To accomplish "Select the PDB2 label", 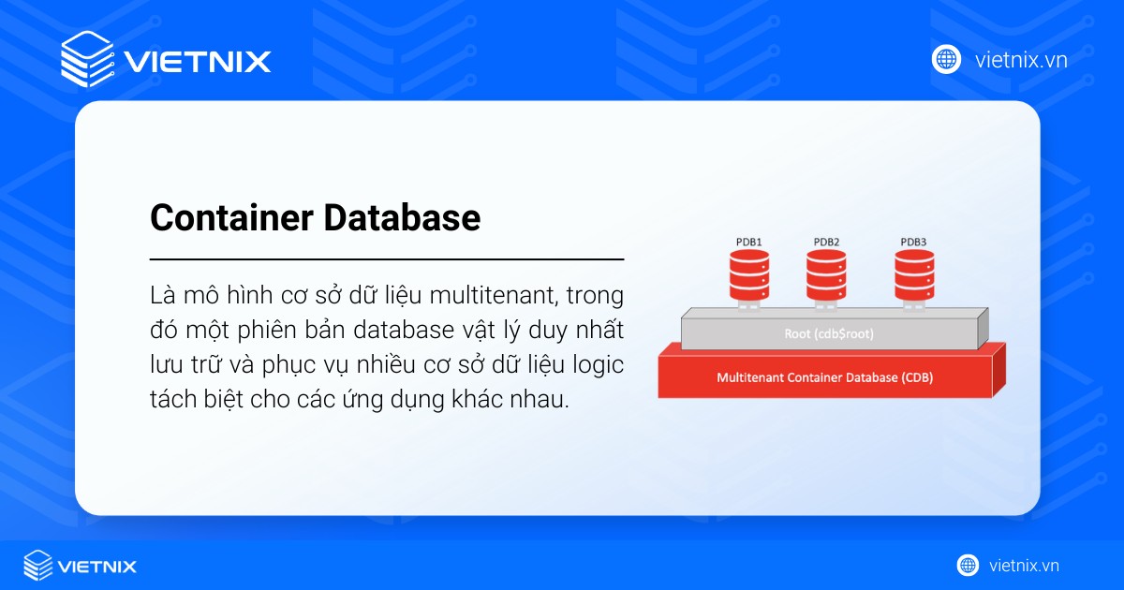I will pos(826,242).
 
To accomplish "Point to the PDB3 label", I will pos(913,242).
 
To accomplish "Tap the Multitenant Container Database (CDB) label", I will pos(824,378).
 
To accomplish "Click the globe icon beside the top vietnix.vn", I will pos(946,59).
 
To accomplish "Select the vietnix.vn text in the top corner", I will pos(1020,60).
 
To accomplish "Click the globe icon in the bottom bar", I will pos(968,566).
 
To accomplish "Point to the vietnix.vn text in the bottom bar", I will pos(1024,566).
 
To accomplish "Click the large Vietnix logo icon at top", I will pos(87,61).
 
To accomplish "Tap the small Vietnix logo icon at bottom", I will pos(37,566).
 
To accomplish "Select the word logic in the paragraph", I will pos(599,366).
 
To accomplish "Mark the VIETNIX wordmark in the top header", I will pos(198,62).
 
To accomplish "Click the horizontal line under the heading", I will pos(387,258).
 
